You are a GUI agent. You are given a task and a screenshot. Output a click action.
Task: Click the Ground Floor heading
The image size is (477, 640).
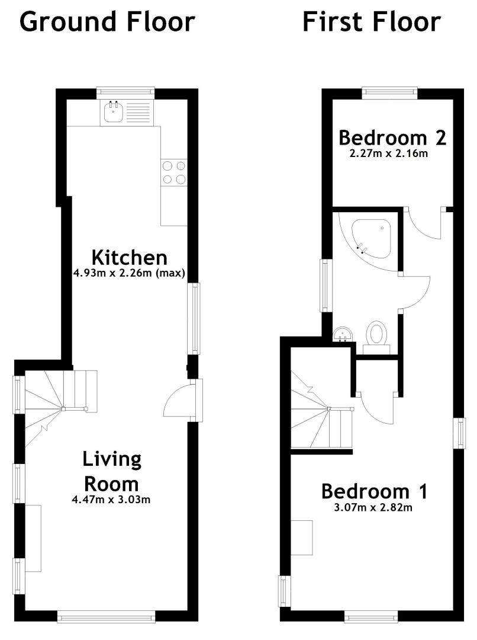tap(107, 23)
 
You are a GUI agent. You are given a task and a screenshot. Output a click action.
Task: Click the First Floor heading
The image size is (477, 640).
tap(372, 23)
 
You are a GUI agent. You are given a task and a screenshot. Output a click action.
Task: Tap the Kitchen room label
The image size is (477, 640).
tap(130, 258)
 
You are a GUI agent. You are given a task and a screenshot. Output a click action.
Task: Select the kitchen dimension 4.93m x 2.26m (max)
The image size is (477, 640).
tap(129, 273)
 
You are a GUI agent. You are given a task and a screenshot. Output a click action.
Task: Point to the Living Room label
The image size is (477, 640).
tap(111, 472)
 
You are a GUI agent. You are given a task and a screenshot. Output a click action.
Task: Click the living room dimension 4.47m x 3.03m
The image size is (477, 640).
tap(111, 499)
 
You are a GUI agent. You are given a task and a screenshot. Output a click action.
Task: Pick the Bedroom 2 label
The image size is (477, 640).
tap(392, 138)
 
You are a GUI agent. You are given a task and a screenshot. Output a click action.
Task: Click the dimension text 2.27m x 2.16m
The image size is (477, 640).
tap(389, 154)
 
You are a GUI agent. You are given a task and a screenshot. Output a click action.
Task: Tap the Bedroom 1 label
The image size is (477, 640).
tap(374, 491)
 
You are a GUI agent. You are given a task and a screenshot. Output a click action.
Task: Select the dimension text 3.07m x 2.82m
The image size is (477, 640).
tap(373, 508)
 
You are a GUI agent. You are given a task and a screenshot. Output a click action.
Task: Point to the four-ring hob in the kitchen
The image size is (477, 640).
tap(173, 172)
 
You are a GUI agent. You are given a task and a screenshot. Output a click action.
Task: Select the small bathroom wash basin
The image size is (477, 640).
tap(343, 334)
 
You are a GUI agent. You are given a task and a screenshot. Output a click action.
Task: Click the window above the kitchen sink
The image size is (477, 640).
tap(125, 94)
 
